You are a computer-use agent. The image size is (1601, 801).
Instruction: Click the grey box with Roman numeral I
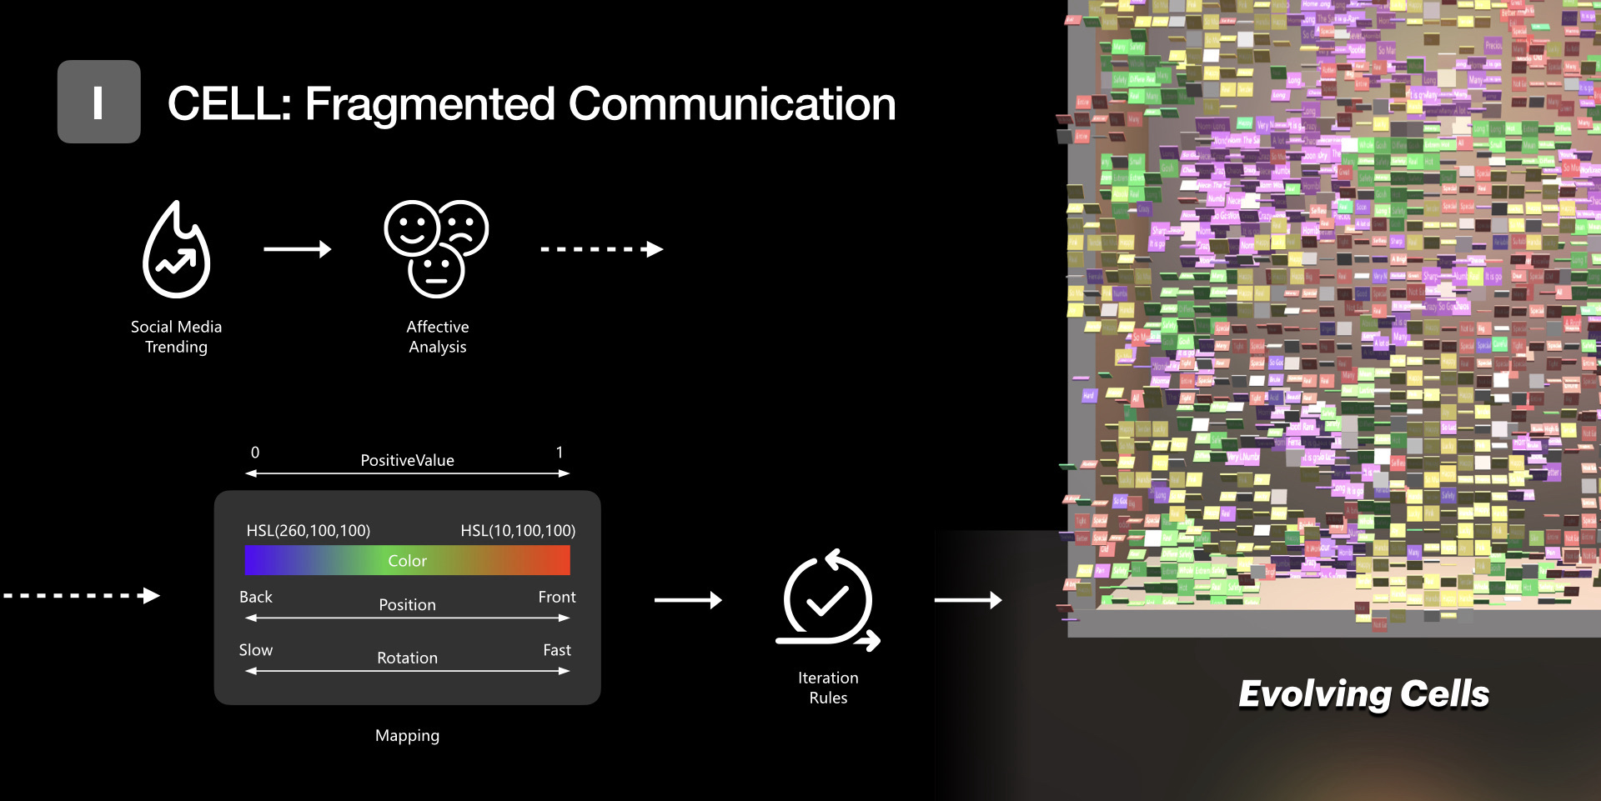[98, 102]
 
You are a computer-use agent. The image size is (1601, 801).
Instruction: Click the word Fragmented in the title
[430, 105]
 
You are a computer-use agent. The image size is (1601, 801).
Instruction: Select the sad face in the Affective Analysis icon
[464, 225]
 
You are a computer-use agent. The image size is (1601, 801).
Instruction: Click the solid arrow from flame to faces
[297, 249]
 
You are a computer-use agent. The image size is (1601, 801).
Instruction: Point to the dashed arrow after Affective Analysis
[601, 249]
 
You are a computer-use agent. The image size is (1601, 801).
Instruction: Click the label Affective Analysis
[438, 337]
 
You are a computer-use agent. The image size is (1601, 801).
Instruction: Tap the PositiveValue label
[407, 460]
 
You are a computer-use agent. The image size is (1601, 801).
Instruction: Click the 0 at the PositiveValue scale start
[255, 453]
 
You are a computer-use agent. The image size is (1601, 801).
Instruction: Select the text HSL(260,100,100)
[309, 531]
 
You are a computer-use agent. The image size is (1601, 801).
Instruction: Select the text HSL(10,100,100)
[518, 531]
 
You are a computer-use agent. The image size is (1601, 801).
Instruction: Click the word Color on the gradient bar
[407, 561]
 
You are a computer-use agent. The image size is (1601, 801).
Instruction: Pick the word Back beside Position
[256, 597]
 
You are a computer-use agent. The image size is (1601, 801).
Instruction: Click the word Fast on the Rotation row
[557, 650]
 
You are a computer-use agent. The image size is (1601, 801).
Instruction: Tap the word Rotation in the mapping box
[407, 658]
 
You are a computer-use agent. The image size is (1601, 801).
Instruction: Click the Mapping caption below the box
[407, 735]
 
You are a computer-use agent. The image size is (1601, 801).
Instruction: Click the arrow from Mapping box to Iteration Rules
[687, 600]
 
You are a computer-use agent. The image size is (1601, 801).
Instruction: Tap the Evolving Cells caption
[1363, 693]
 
